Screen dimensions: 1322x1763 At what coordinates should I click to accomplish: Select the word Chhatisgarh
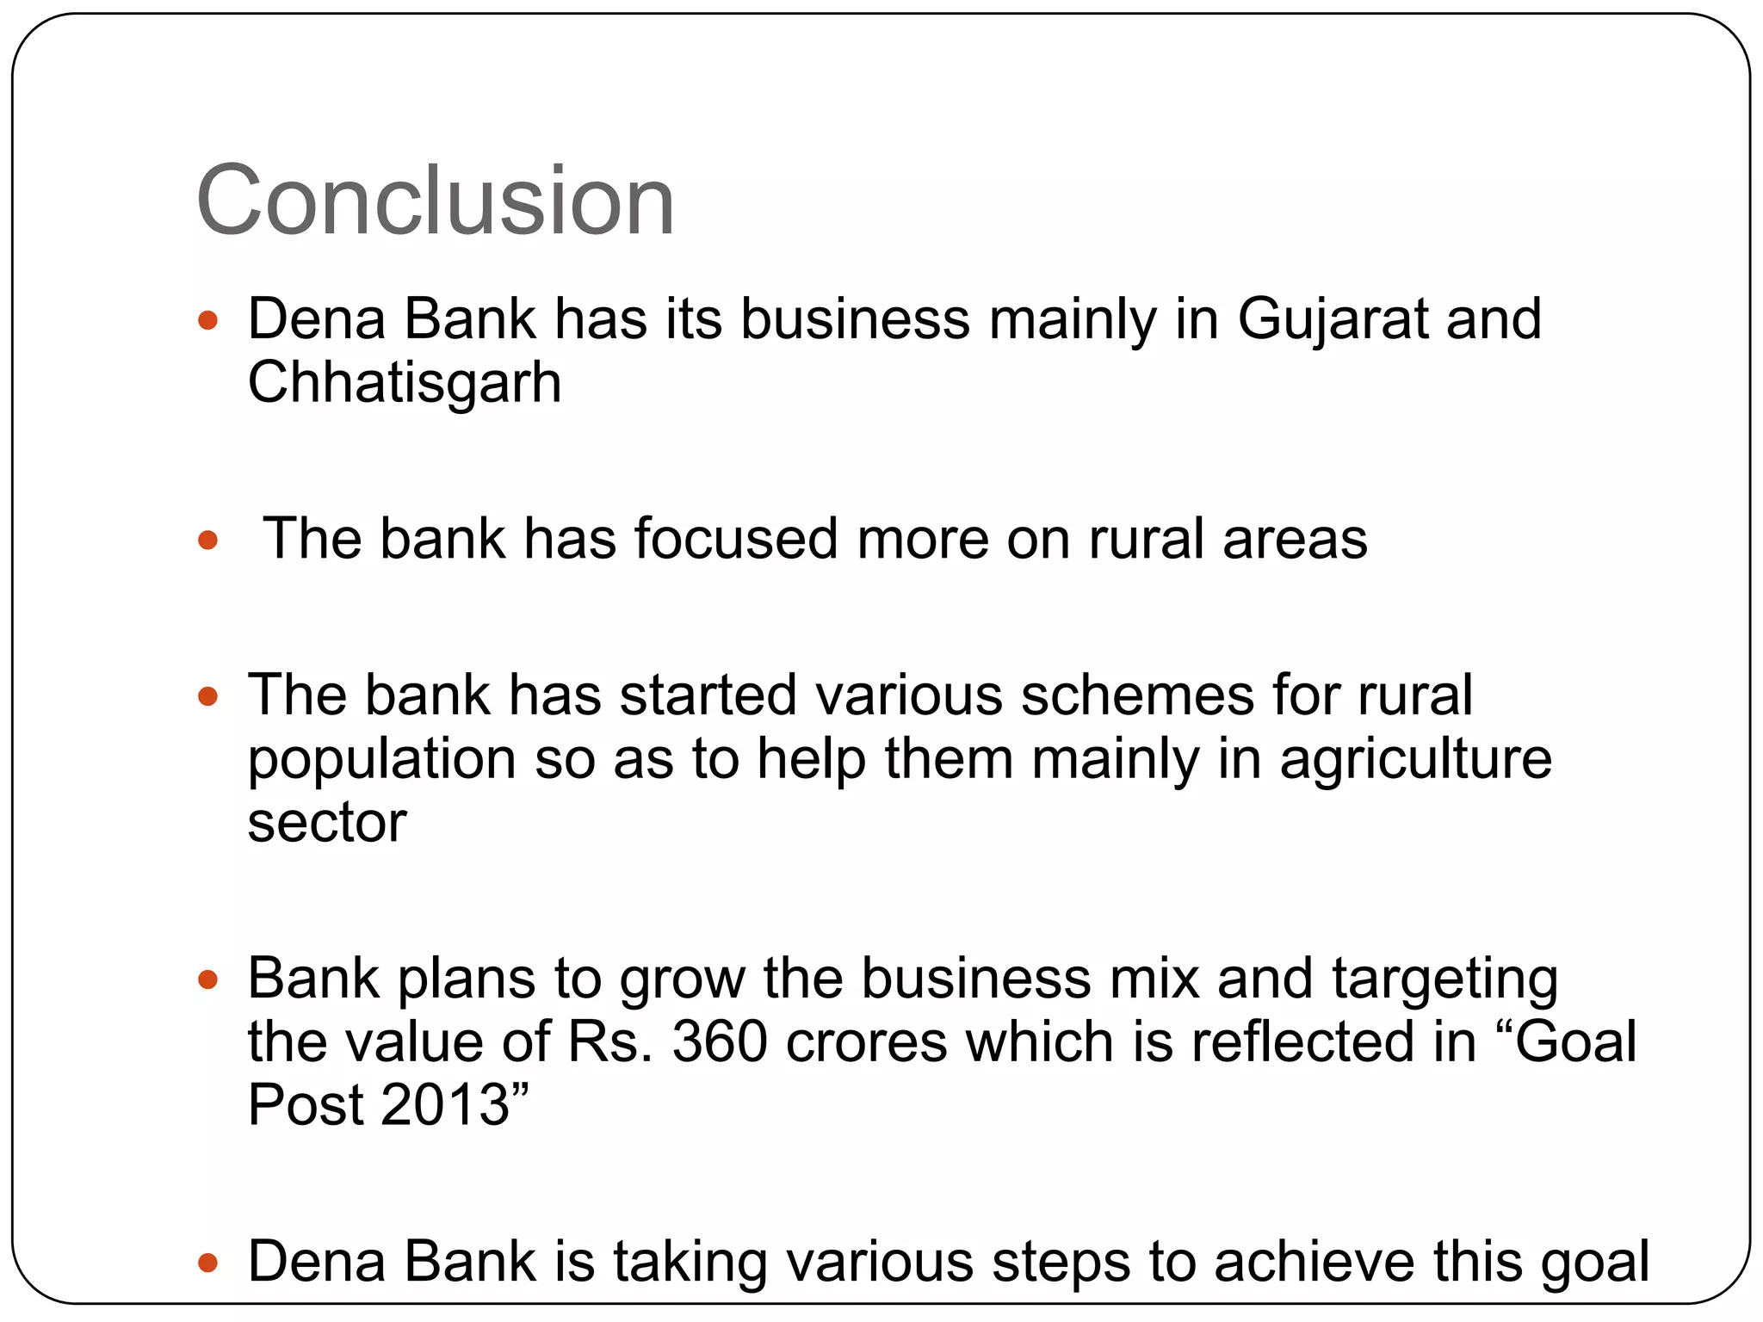404,382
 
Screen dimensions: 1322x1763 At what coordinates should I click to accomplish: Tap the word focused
736,539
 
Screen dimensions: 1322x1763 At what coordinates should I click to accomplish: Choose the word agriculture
1415,761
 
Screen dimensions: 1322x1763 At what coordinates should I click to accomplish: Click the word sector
326,823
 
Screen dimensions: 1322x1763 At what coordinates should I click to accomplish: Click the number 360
719,1041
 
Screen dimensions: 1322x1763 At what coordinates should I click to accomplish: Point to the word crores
866,1041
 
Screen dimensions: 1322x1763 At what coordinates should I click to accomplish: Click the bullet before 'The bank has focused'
207,541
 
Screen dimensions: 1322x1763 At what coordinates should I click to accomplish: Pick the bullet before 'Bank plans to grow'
207,979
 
